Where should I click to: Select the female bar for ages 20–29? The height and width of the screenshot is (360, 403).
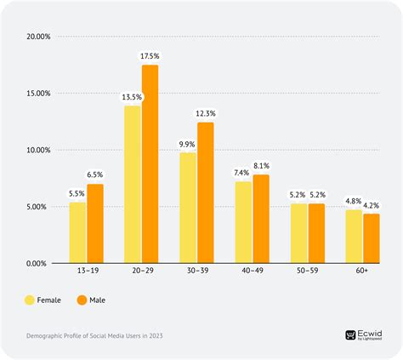coord(133,184)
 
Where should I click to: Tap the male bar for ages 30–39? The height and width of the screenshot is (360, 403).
coord(205,192)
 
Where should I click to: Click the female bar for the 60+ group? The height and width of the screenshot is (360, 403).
coord(354,237)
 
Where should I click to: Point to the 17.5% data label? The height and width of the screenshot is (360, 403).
coord(150,56)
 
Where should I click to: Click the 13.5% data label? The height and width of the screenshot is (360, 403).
coord(132,96)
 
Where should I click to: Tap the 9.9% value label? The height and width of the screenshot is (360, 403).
coord(187,144)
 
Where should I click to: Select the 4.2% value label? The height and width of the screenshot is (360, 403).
coord(372,204)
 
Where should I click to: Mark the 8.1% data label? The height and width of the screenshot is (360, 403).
coord(261,166)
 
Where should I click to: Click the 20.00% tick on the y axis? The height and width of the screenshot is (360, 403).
coord(37,37)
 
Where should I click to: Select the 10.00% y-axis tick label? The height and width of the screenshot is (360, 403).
coord(37,151)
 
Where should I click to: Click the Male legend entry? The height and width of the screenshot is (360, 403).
coord(89,300)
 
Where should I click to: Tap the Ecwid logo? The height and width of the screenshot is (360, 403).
coord(363,336)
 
